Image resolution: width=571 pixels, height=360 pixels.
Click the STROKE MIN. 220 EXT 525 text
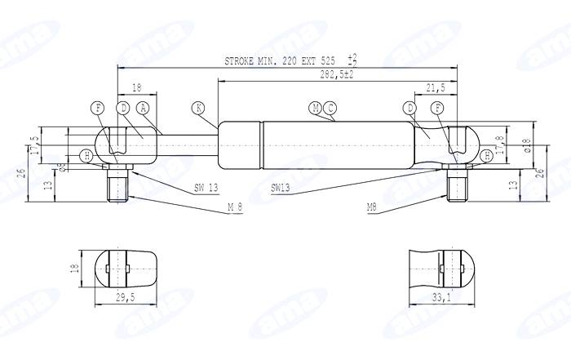[280, 61]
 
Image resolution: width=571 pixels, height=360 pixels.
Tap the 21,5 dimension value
[435, 87]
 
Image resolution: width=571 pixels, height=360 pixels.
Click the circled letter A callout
[143, 108]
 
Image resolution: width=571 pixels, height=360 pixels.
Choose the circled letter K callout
[198, 108]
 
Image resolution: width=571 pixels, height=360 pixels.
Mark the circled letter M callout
[316, 108]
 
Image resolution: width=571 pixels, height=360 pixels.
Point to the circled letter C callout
[330, 108]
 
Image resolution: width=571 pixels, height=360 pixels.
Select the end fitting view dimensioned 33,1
[441, 269]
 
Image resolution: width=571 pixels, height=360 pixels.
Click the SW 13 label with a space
[206, 187]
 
